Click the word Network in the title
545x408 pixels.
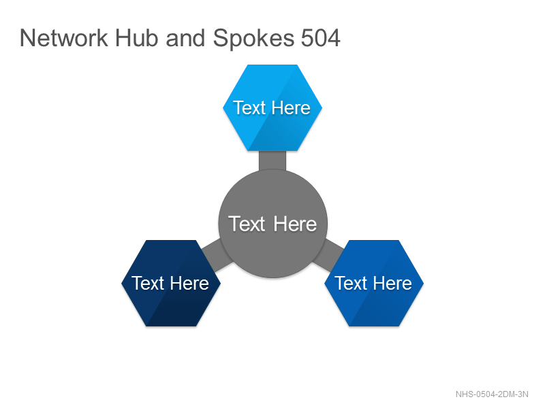click(x=64, y=38)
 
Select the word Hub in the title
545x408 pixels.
click(x=137, y=38)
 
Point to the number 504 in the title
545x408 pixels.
click(x=320, y=38)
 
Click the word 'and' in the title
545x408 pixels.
click(x=185, y=38)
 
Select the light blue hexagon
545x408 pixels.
click(x=272, y=108)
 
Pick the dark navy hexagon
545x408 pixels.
click(x=171, y=283)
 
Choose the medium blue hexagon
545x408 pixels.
click(x=374, y=283)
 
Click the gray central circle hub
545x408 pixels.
click(x=273, y=224)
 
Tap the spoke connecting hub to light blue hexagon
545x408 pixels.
click(x=272, y=160)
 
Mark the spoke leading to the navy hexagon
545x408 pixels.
click(x=216, y=256)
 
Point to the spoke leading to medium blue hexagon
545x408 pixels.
click(x=328, y=256)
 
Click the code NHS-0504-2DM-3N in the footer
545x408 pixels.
click(x=492, y=394)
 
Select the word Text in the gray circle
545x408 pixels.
click(x=247, y=224)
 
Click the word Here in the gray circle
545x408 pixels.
click(x=295, y=224)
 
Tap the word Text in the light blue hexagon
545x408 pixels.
click(x=249, y=108)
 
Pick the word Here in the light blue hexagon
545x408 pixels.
click(x=292, y=108)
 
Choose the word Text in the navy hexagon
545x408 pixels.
click(x=148, y=283)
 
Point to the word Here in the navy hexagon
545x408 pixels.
click(x=190, y=283)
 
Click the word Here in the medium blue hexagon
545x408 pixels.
click(x=393, y=283)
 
